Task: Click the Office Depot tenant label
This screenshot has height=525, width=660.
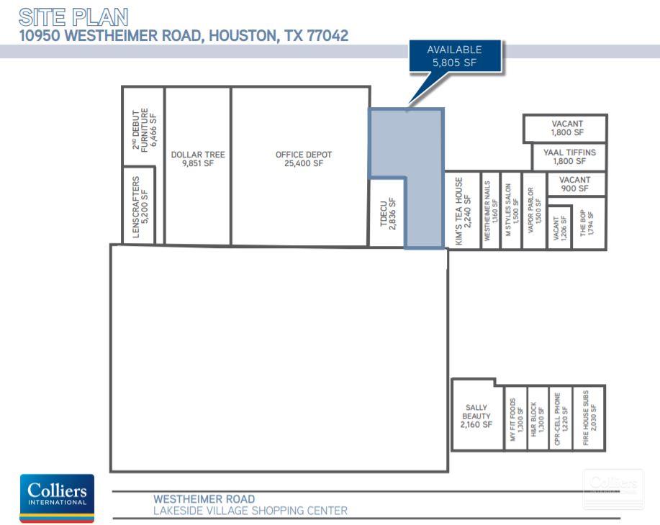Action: coord(304,159)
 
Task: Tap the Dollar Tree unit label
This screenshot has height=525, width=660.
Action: coord(198,159)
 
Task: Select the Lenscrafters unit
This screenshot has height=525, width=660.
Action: coord(141,206)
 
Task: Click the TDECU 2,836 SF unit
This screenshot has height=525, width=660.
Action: coord(388,212)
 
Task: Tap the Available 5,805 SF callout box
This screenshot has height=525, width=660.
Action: coord(454,56)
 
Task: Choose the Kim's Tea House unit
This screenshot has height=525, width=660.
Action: coord(463,211)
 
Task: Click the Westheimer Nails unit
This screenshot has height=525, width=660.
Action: coord(490,213)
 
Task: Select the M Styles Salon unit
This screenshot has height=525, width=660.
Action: coord(511,213)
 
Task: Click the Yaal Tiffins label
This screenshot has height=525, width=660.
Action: coord(569,156)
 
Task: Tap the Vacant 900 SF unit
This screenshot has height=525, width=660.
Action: coord(574,184)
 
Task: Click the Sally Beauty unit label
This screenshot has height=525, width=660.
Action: coord(476,416)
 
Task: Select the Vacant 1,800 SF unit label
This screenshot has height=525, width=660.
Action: coord(567,128)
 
